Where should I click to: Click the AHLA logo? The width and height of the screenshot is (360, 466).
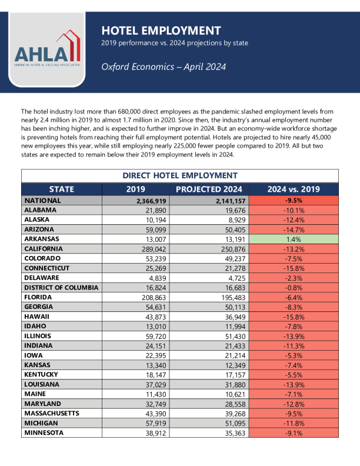tap(46, 51)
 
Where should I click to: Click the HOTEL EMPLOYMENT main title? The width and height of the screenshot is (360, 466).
tap(161, 31)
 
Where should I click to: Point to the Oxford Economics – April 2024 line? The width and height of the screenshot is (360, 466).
tap(164, 66)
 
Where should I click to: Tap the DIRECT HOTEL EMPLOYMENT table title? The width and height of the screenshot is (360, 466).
tap(180, 175)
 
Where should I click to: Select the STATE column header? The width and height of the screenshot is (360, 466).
tap(62, 189)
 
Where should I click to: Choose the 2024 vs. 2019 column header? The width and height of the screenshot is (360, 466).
tap(294, 189)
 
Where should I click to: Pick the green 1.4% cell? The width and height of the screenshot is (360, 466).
tap(294, 239)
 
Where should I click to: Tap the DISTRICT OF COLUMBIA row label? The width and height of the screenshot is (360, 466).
tap(61, 288)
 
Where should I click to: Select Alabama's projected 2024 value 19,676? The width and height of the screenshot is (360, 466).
tap(231, 210)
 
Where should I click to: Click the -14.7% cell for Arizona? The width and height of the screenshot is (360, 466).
tap(294, 229)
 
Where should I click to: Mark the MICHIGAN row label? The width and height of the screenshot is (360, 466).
tap(41, 423)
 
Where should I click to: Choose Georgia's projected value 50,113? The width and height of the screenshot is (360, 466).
tap(231, 307)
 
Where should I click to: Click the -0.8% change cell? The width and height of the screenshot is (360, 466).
tap(294, 288)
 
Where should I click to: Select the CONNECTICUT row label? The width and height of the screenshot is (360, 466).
tap(46, 268)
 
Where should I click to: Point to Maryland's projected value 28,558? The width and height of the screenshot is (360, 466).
tap(231, 404)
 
